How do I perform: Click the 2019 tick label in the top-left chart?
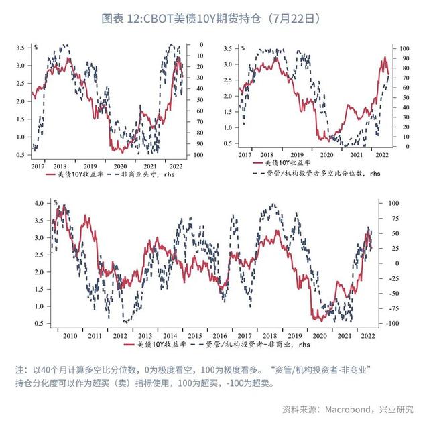[90, 165]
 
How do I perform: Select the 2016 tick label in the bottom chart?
[219, 335]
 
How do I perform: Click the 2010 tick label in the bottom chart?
[70, 335]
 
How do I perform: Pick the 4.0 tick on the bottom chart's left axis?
[39, 203]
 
